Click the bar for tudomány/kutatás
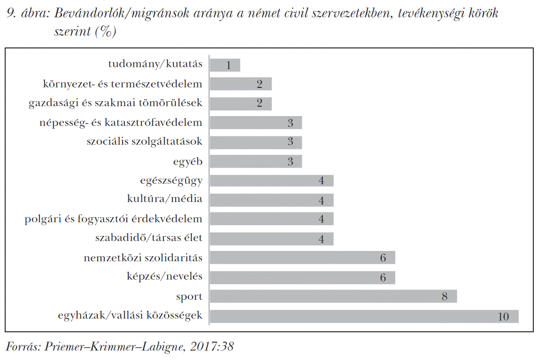[225, 65]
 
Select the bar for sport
[333, 297]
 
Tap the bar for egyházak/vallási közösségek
[364, 316]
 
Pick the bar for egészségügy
[272, 181]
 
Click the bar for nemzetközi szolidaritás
[302, 258]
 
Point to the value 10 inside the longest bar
[503, 317]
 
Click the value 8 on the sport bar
[444, 297]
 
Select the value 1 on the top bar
[229, 65]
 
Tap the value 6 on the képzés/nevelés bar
[383, 278]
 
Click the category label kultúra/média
[164, 199]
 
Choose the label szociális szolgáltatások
[144, 141]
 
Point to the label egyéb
[188, 162]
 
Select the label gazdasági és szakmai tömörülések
[116, 103]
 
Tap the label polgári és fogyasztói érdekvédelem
[114, 219]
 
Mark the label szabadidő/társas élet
[148, 238]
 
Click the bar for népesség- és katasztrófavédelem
[256, 123]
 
